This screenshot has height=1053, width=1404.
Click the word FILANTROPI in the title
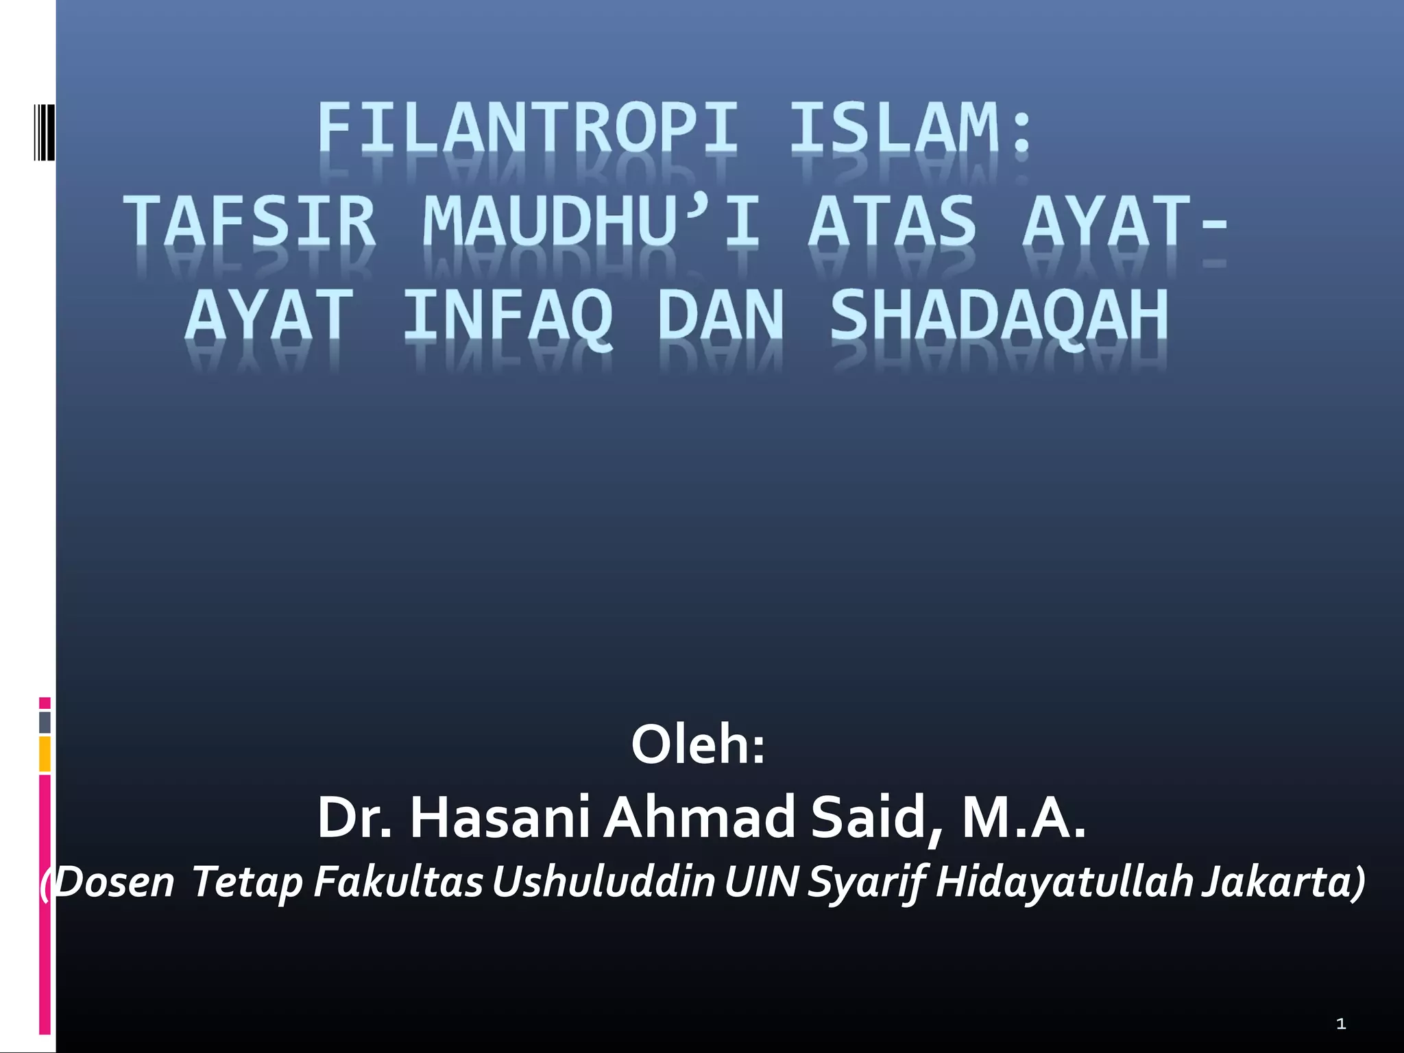(x=528, y=128)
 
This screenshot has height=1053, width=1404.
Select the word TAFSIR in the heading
(x=250, y=221)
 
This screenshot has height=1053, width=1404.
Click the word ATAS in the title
(x=892, y=221)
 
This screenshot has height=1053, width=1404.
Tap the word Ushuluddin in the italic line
(x=604, y=882)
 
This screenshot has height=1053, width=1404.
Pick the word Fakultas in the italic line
(x=398, y=882)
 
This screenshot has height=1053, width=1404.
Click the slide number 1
(x=1340, y=1024)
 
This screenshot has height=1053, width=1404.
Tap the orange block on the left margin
(x=45, y=753)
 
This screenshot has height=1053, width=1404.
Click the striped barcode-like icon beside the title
(x=44, y=132)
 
